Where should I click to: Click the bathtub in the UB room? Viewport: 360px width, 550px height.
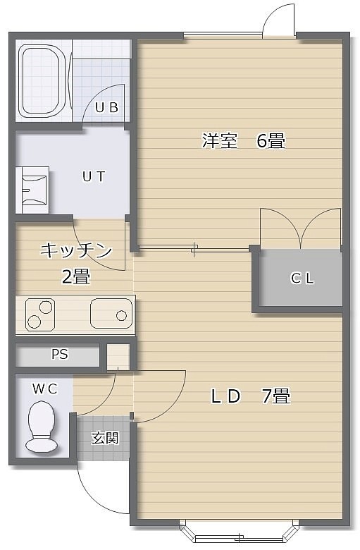(x=44, y=81)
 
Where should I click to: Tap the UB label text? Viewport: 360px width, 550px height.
(x=106, y=107)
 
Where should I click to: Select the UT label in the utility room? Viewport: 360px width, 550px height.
(x=94, y=176)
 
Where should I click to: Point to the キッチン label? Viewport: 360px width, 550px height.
(x=76, y=250)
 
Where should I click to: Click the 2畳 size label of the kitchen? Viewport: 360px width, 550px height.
(x=76, y=276)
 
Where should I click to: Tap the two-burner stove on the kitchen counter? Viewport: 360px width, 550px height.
(x=40, y=314)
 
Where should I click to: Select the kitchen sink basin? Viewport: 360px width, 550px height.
(x=111, y=313)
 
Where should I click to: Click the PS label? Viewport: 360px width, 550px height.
(x=60, y=354)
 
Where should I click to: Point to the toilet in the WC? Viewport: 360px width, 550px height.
(x=42, y=427)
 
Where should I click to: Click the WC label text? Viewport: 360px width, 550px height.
(x=45, y=389)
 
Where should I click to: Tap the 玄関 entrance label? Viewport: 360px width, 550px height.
(x=105, y=438)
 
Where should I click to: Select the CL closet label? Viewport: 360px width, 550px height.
(x=302, y=278)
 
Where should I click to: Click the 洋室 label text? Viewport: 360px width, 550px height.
(x=220, y=140)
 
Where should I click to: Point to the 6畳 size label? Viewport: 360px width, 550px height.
(x=271, y=140)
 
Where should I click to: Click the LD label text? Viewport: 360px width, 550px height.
(x=225, y=396)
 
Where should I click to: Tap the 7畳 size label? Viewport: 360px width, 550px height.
(x=276, y=396)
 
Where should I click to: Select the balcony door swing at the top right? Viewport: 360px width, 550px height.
(x=279, y=20)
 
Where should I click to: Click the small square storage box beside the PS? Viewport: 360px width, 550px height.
(x=118, y=357)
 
